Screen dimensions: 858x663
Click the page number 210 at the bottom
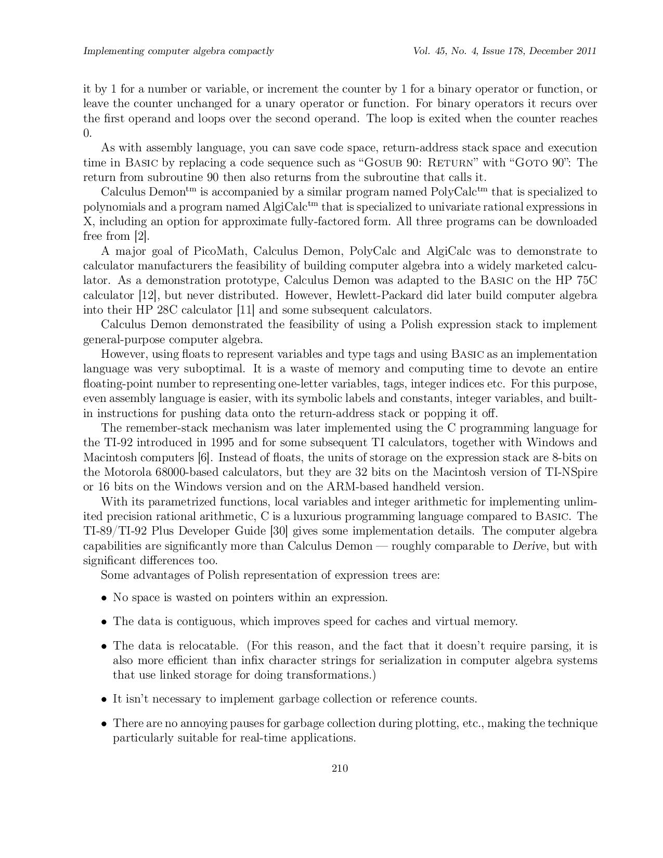click(x=340, y=768)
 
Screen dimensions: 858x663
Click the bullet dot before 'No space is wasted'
click(x=105, y=598)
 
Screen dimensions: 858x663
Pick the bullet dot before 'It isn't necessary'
click(x=105, y=699)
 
